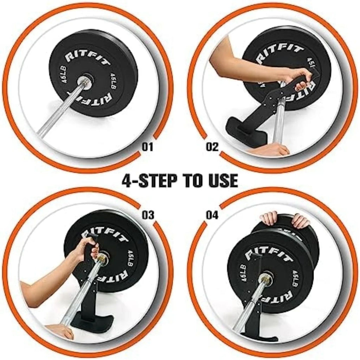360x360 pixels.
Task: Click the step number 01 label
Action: pos(148,147)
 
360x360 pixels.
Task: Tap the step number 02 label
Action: pos(212,147)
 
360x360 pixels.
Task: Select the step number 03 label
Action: pos(148,215)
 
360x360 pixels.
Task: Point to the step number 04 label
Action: pos(212,215)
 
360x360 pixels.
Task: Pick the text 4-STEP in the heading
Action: pos(148,181)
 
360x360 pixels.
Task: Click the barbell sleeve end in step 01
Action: pos(86,83)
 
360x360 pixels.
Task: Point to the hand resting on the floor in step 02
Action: pos(271,150)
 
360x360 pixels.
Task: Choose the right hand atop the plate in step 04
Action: pos(301,220)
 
